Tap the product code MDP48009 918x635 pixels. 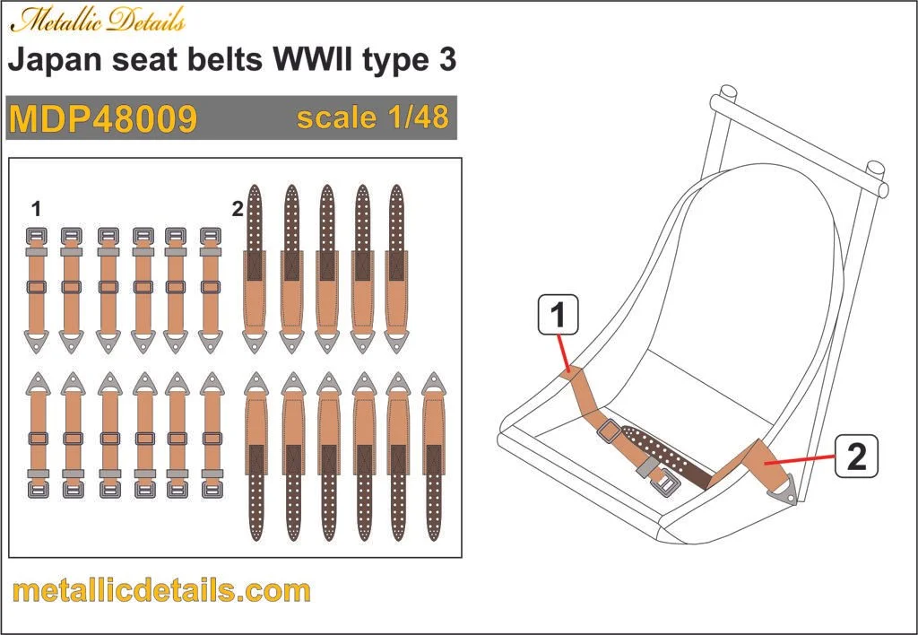[x=103, y=118]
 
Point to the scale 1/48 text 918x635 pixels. [x=371, y=117]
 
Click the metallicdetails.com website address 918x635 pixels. [x=162, y=591]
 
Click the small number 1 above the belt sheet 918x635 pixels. [x=35, y=210]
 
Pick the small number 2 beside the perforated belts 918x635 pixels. [x=237, y=210]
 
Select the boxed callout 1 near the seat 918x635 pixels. [x=558, y=316]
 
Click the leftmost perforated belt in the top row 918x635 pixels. [x=255, y=269]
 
